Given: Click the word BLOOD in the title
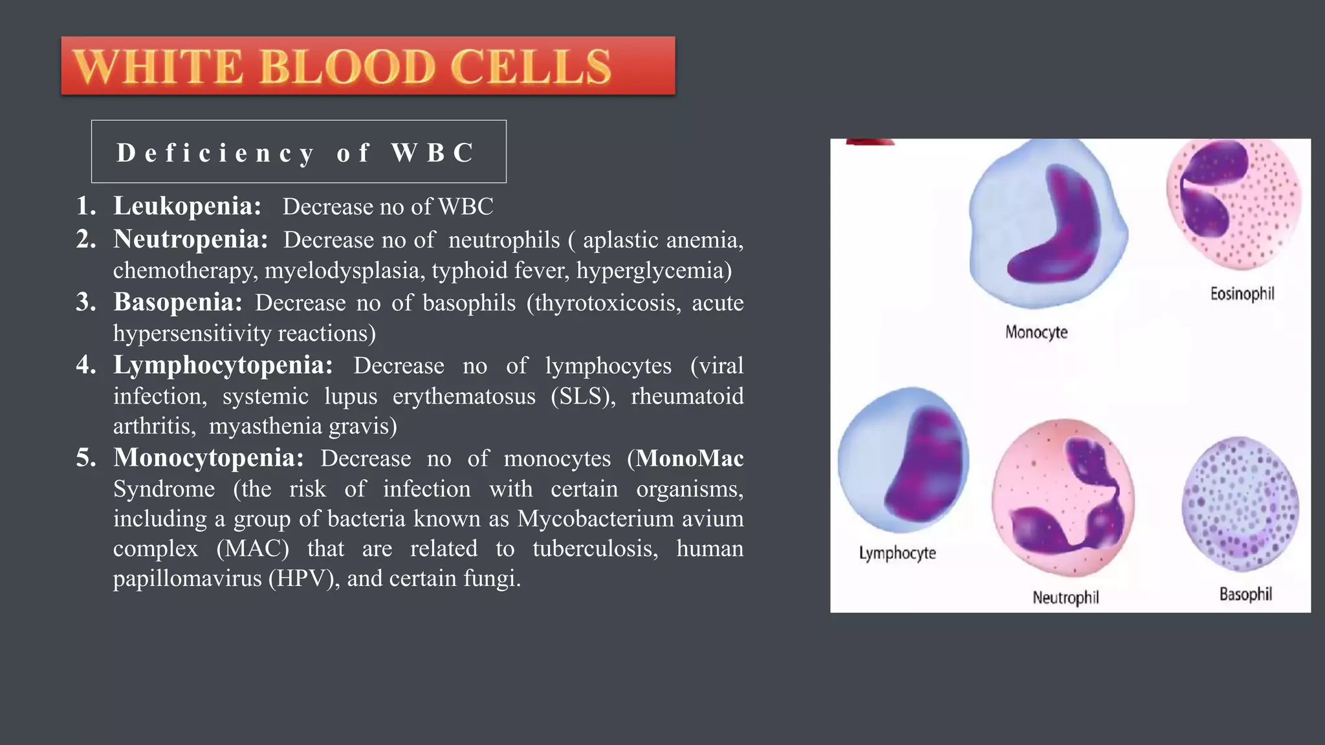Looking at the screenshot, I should coord(347,67).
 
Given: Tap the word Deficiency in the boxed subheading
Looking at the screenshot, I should coord(215,153).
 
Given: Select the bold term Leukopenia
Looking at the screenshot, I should coord(187,206).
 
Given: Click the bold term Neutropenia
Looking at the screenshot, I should coord(190,239).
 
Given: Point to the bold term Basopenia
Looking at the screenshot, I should coord(178,302).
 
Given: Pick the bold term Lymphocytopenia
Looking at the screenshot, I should coord(223,365).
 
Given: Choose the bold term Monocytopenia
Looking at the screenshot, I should coord(208,458).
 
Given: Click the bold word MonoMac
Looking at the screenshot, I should coord(690,458).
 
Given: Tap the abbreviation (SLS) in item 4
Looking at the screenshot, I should coord(583,396).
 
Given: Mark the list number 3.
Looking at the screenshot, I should coord(85,302).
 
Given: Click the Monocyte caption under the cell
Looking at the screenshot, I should coord(1036,332).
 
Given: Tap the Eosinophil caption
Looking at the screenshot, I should coord(1242,294).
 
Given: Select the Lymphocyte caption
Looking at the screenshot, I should coord(897,553).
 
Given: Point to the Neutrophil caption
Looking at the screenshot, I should coord(1066,598).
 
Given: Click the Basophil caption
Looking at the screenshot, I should coord(1245,594).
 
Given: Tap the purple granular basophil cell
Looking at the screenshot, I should coord(1240,504).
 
